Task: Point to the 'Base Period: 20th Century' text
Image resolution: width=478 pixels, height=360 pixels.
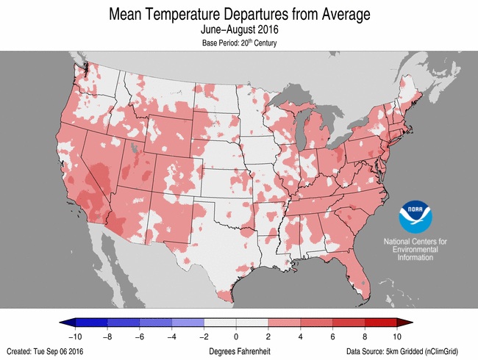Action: (x=238, y=43)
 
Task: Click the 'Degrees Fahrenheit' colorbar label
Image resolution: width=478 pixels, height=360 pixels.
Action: (x=238, y=351)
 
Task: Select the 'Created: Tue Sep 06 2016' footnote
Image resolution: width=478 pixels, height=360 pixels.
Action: (x=46, y=351)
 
